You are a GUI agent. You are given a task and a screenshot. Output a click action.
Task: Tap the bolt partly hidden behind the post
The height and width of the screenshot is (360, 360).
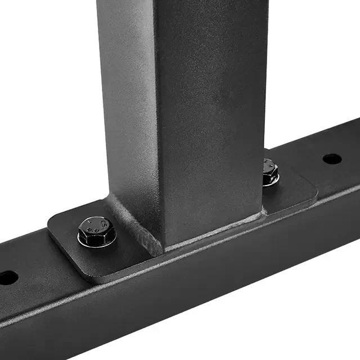coord(271,170)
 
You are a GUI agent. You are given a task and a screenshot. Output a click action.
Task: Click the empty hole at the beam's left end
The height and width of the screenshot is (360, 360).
coord(7,277)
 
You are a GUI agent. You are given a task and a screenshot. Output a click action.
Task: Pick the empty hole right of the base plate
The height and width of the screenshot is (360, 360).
coord(332,159)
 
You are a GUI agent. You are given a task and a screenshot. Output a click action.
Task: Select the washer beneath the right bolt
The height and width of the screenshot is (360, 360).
coord(272,181)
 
